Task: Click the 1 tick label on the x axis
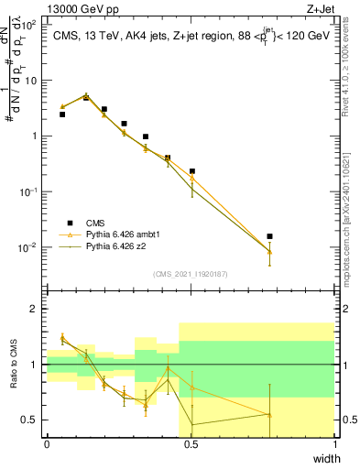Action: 334,443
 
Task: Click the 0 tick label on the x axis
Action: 47,443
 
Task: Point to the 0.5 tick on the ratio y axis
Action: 31,420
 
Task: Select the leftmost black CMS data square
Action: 62,115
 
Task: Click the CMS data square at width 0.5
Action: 192,171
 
